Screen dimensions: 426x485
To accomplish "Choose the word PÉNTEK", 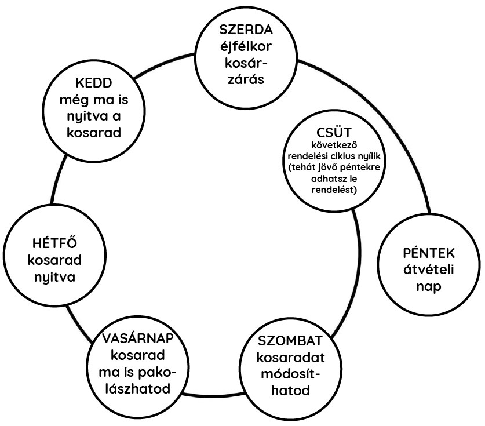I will pos(429,253).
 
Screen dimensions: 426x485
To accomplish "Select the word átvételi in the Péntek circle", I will pos(429,270).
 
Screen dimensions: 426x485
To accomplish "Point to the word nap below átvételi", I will pos(428,287).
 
